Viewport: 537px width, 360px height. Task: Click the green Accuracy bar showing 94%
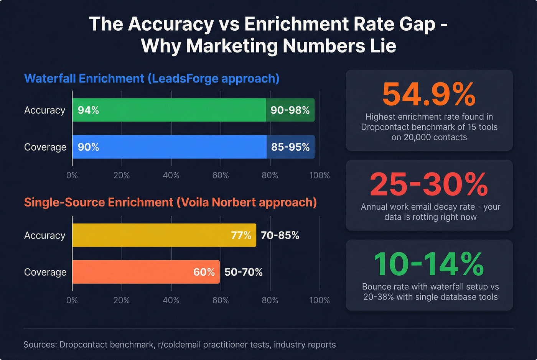point(169,110)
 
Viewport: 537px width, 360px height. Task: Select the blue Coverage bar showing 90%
point(169,147)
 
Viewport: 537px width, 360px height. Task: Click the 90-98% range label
point(290,110)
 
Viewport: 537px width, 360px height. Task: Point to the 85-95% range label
point(290,147)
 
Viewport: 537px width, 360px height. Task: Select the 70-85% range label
point(280,235)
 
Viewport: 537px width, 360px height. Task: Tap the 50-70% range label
point(244,272)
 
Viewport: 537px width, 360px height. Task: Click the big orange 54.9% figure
point(429,94)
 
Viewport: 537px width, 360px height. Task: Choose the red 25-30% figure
point(429,184)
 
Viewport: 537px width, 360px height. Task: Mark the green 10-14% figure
point(429,264)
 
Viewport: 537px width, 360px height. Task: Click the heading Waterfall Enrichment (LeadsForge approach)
point(152,79)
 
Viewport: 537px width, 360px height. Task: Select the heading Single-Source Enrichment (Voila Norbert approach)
point(170,202)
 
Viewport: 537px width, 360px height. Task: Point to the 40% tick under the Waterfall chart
point(171,176)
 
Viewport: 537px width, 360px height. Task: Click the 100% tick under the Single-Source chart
point(320,300)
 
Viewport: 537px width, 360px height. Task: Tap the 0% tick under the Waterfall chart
point(72,176)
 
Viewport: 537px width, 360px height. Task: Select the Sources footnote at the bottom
point(180,345)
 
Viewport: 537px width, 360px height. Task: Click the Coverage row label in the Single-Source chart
point(45,272)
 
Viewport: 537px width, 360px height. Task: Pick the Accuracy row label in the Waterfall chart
point(44,110)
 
